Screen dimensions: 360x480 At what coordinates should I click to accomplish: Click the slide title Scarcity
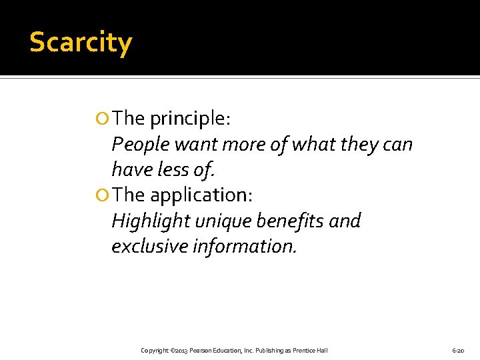pyautogui.click(x=81, y=43)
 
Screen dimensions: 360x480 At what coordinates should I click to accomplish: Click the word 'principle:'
pyautogui.click(x=190, y=119)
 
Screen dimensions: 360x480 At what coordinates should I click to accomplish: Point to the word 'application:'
pyautogui.click(x=200, y=195)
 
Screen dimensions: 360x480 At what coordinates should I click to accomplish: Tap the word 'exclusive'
pyautogui.click(x=149, y=246)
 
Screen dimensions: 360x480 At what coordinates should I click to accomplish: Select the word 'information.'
pyautogui.click(x=243, y=246)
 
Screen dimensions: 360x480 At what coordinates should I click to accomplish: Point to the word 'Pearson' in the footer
pyautogui.click(x=201, y=351)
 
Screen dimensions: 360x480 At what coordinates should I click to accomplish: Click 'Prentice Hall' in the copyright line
pyautogui.click(x=310, y=351)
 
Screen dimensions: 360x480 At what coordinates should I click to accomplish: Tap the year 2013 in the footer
pyautogui.click(x=180, y=351)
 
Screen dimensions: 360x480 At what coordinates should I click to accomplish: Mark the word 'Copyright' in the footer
pyautogui.click(x=155, y=351)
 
